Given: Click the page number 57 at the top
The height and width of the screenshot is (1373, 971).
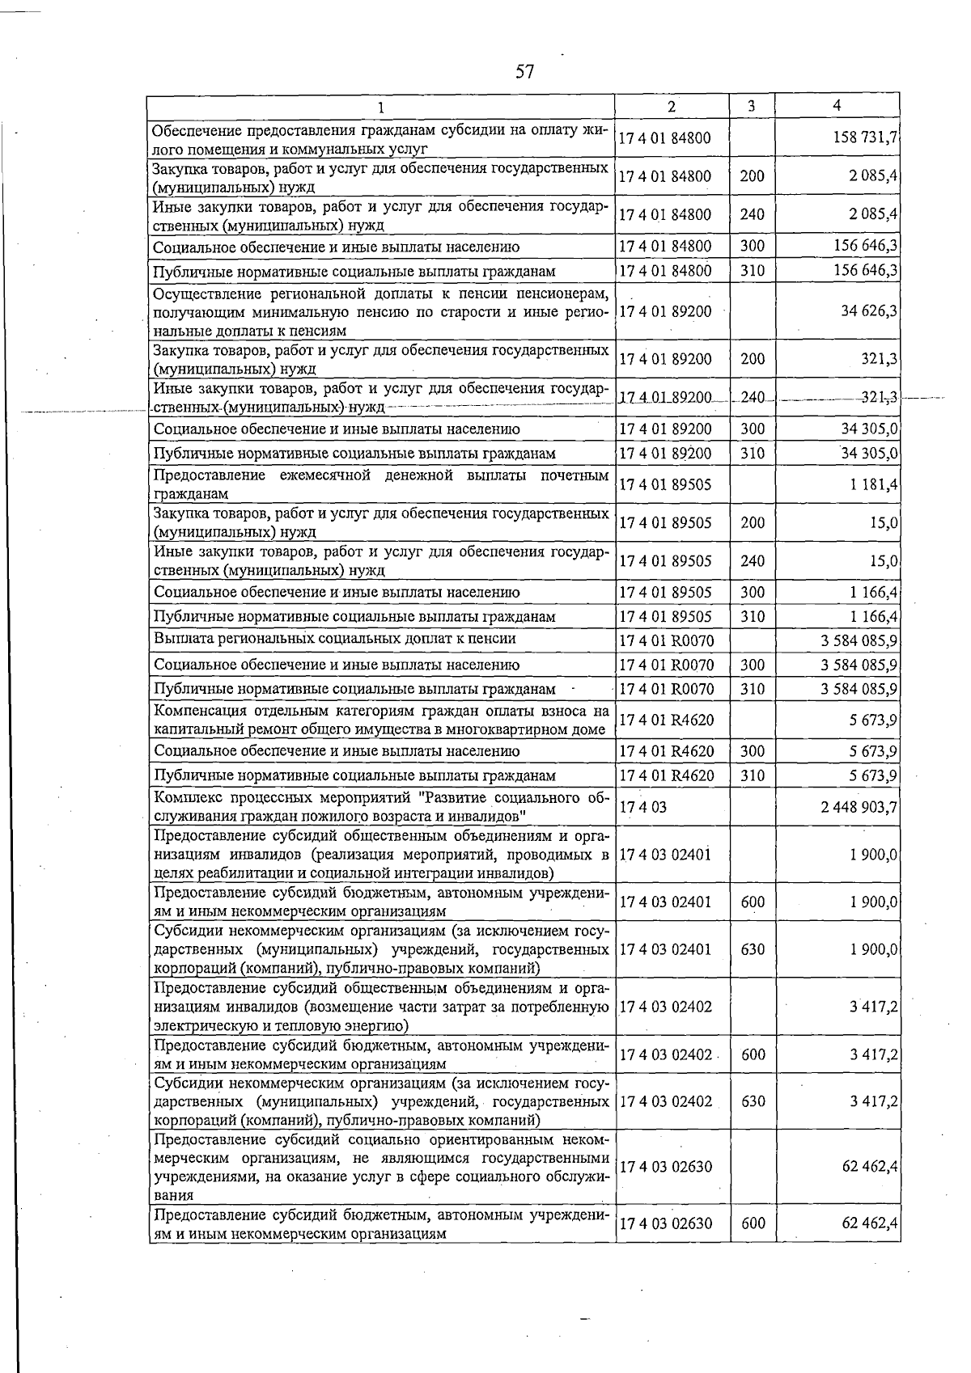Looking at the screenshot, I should pos(524,73).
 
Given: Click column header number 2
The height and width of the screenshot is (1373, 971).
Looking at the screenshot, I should pos(671,107).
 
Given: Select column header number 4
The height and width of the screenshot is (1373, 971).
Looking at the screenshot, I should pos(837,106).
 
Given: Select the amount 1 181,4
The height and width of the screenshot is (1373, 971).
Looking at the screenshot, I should pos(872,485).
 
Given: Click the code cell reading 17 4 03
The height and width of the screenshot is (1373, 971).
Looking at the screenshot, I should pos(642,808).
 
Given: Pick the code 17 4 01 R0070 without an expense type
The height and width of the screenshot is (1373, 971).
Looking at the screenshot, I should pos(666,641).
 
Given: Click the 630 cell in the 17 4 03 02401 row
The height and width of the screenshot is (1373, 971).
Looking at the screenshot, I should pos(752,949).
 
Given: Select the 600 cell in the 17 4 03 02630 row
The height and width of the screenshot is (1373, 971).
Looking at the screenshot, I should pos(752,1223).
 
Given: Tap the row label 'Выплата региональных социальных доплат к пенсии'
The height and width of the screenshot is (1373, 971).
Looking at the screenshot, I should pos(334,639).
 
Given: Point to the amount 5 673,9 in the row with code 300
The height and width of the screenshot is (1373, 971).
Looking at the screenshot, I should pos(872,751).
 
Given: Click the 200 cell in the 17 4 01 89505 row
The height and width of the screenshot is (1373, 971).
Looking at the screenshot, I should pos(752,523).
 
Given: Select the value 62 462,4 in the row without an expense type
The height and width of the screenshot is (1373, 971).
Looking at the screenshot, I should pos(869,1167).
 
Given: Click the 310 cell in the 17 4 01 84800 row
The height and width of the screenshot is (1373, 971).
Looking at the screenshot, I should pos(752,271).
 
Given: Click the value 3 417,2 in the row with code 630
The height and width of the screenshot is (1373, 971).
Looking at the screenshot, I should pos(872,1101).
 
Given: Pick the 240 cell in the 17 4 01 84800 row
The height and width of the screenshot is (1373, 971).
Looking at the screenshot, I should pos(752,215).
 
